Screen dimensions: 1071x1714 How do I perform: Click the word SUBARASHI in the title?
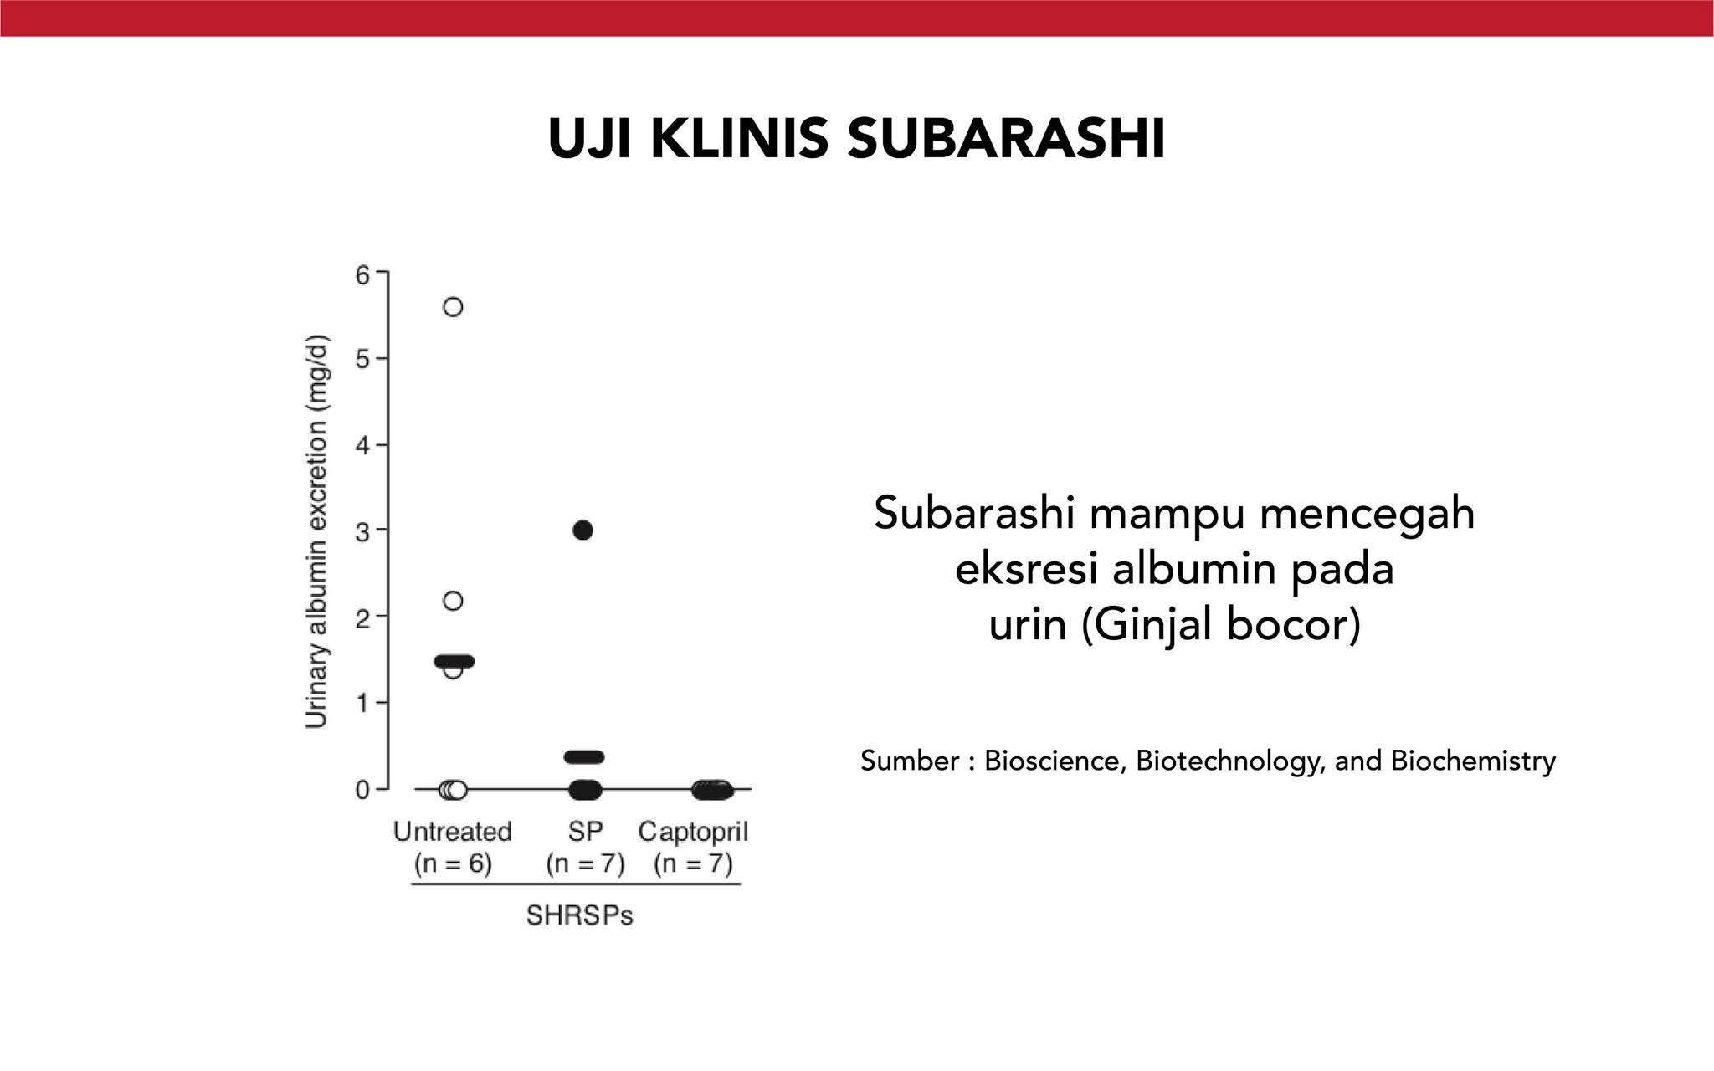(1006, 139)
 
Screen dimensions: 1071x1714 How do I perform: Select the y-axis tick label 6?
(362, 274)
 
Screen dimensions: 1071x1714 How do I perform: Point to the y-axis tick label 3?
(362, 531)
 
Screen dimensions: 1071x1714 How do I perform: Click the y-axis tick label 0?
(362, 790)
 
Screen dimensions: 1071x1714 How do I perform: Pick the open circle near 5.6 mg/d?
(453, 307)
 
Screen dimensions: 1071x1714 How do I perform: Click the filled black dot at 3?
(583, 530)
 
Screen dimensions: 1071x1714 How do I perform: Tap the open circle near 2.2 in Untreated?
(453, 601)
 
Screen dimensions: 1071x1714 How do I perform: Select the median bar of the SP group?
(583, 757)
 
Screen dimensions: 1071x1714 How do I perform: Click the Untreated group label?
(453, 832)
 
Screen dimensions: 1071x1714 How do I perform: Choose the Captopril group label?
(693, 832)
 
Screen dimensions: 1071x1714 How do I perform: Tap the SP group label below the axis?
(585, 832)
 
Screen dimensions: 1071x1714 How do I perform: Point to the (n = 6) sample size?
(453, 863)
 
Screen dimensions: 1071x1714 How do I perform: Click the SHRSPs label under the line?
(579, 915)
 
